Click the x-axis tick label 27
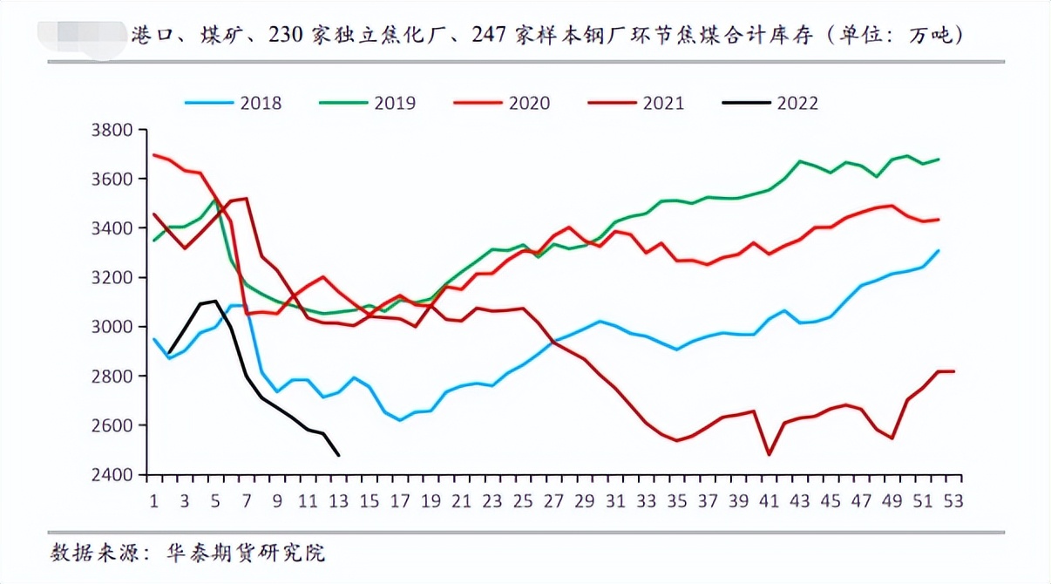click(x=553, y=502)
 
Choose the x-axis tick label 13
click(x=338, y=502)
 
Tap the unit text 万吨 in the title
click(x=932, y=36)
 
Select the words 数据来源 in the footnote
click(x=86, y=553)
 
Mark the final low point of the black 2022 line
click(x=338, y=455)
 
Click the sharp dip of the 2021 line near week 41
click(x=769, y=454)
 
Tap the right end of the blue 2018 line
click(x=939, y=251)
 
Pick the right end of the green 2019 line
click(x=939, y=160)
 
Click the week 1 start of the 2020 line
click(x=154, y=155)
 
